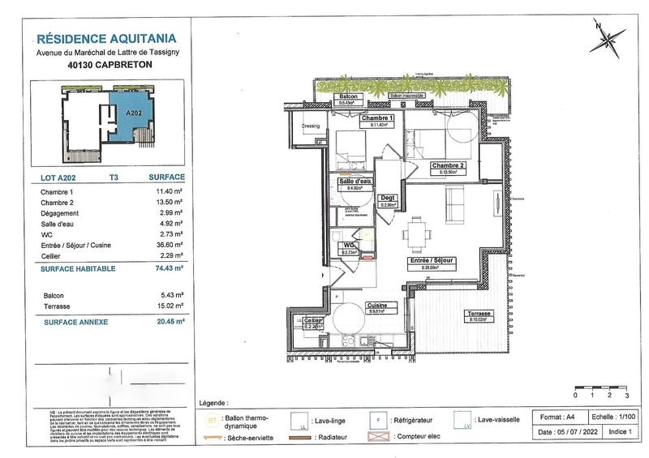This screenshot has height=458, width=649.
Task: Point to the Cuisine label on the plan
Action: [381, 307]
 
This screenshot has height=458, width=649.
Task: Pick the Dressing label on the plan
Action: [309, 126]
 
